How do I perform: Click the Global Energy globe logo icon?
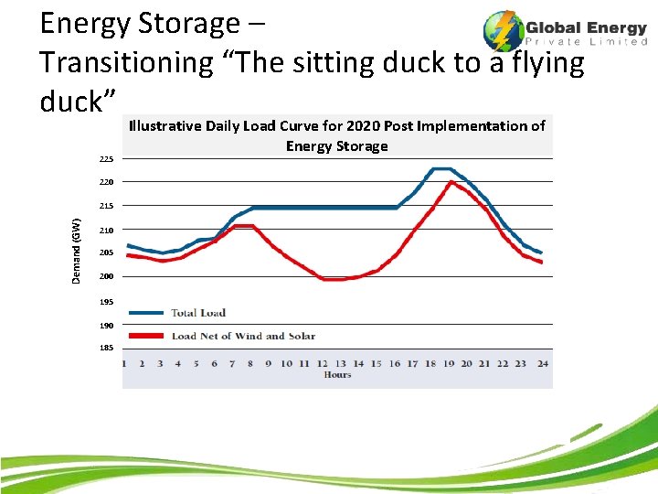[x=502, y=30]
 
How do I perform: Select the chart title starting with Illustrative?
[x=336, y=135]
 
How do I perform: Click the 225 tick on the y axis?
[x=107, y=159]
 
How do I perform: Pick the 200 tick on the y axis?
[x=107, y=276]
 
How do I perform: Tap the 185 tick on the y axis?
[x=107, y=348]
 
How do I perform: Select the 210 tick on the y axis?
[x=107, y=230]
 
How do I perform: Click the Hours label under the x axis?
[x=337, y=375]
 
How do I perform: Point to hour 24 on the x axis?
[x=542, y=363]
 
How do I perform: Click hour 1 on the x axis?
[x=125, y=363]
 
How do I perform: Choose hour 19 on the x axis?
[x=449, y=363]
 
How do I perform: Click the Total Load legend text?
[x=198, y=313]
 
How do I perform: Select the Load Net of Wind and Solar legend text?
[x=243, y=336]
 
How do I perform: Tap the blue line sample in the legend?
[x=147, y=313]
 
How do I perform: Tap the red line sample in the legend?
[x=147, y=336]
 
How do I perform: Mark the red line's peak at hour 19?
[x=451, y=182]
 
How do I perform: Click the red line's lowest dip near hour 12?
[x=333, y=279]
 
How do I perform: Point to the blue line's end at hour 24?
[x=541, y=252]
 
